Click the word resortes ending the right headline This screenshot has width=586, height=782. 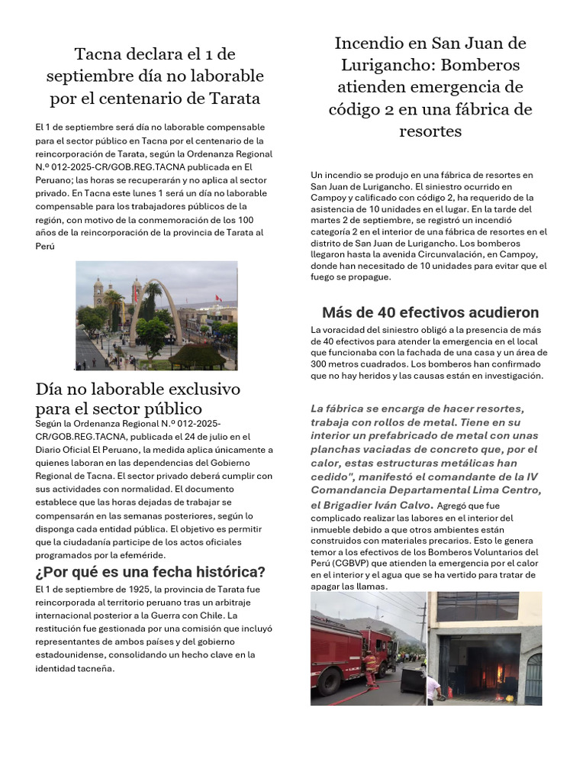pyautogui.click(x=430, y=131)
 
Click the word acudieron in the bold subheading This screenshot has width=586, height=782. pyautogui.click(x=501, y=312)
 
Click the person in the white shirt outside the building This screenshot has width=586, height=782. pyautogui.click(x=433, y=687)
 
